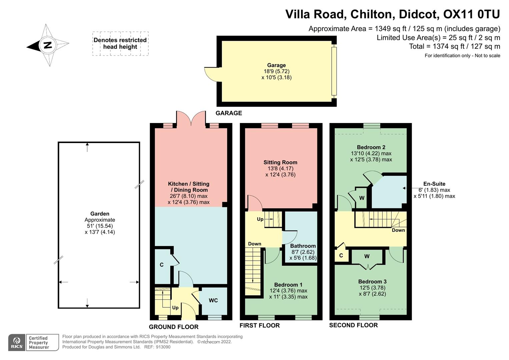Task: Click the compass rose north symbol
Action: pos(48,45)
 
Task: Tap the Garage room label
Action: pos(276,65)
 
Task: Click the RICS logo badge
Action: pos(17,342)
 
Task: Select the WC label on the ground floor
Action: pos(213,300)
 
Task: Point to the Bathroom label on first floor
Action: pos(303,246)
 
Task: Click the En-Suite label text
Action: pos(434,184)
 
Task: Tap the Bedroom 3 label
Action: pos(372,281)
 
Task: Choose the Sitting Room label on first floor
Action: pos(280,162)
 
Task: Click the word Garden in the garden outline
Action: pos(100,214)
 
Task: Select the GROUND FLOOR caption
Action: pos(173,327)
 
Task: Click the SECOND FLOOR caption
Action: pos(353,325)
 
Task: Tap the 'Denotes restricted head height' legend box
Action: pos(120,43)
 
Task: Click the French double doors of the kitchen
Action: pos(191,119)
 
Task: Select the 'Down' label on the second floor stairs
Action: pos(398,230)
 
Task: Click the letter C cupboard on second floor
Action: pos(341,256)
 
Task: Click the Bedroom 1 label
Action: pos(288,285)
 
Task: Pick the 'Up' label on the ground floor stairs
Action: pos(175,307)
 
